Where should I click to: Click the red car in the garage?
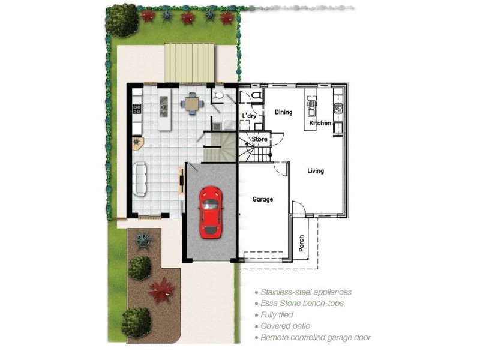[210, 211]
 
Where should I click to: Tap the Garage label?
[263, 199]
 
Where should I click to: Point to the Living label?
[316, 171]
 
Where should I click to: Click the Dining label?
[283, 112]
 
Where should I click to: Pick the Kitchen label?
[320, 123]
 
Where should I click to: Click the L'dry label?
[249, 116]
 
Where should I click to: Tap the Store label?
[259, 139]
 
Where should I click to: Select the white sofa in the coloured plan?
[140, 179]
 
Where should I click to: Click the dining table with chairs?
[191, 104]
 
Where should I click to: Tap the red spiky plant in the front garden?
[161, 290]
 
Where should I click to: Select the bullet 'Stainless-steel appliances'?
[305, 292]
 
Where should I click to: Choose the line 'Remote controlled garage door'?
[315, 338]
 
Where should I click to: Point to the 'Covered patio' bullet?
[285, 326]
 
